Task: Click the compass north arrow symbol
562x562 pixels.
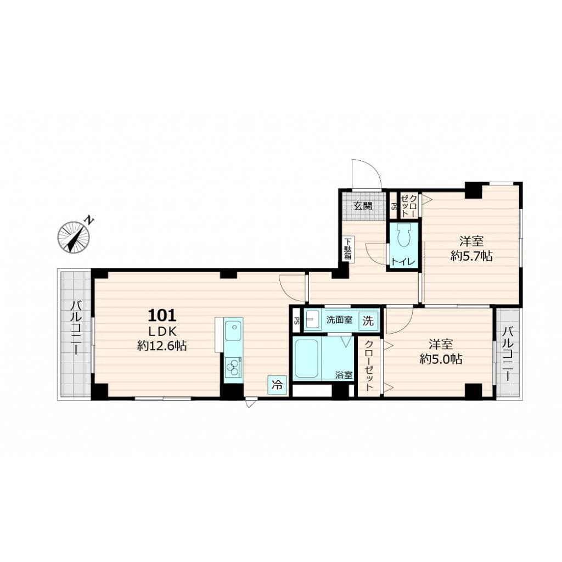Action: (74, 237)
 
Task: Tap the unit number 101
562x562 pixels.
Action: (162, 316)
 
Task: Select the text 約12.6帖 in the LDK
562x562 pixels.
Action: (162, 346)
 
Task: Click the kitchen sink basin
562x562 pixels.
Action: (233, 331)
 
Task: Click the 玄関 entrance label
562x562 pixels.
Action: (363, 206)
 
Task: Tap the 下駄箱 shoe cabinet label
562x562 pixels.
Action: (349, 250)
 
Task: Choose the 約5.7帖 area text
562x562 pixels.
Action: (471, 256)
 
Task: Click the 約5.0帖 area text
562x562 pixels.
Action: (441, 359)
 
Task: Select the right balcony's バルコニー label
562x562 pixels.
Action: (508, 355)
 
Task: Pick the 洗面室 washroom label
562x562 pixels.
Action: (339, 320)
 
